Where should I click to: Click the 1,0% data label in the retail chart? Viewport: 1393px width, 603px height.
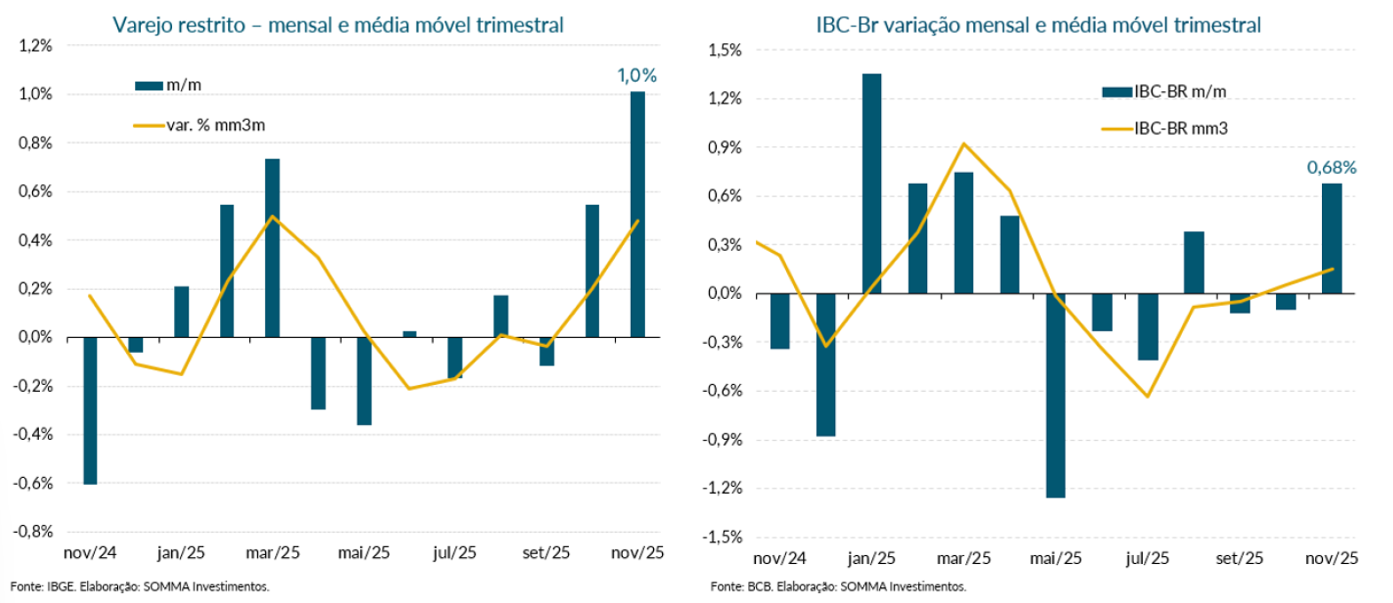coord(637,76)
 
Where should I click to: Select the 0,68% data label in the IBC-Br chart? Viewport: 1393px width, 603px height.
coord(1331,168)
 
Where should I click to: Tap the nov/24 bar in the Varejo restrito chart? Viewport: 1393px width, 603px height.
coord(91,411)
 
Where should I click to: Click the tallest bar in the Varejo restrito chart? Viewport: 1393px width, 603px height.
coord(638,215)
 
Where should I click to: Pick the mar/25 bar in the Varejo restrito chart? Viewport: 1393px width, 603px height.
coord(272,248)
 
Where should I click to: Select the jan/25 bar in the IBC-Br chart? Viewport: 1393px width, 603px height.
coord(871,184)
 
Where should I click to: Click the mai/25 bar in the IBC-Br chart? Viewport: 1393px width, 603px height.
coord(1056,395)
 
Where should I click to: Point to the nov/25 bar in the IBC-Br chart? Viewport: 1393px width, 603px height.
coord(1331,239)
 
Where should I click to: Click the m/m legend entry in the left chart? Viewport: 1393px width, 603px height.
coord(169,85)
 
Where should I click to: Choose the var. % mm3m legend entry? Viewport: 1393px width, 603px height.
coord(200,125)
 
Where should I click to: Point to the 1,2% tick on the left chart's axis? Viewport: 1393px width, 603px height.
coord(35,45)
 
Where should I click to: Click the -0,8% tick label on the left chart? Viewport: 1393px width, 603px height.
coord(34,531)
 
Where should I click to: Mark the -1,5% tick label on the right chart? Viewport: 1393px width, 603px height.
coord(725,536)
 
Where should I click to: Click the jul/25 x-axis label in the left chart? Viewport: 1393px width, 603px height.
coord(454,552)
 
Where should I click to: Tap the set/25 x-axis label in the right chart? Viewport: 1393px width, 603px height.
coord(1240,558)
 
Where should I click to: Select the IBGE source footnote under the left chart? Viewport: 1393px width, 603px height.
coord(139,586)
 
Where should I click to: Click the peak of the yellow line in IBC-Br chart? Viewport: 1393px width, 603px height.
coord(964,144)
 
